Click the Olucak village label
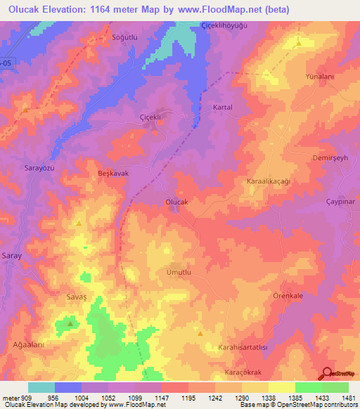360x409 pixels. click(176, 202)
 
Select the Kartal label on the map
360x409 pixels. click(223, 108)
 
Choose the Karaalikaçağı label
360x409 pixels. click(269, 181)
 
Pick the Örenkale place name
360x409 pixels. click(288, 296)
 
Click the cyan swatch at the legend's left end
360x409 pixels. click(41, 387)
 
